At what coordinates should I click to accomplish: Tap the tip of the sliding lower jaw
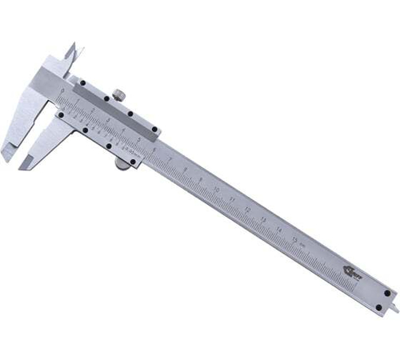pyautogui.click(x=29, y=166)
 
